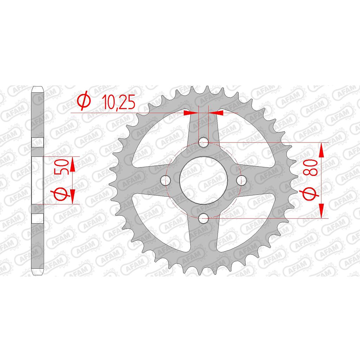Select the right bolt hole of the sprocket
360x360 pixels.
[241, 181]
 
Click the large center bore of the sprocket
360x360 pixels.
[203, 181]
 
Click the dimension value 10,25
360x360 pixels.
[118, 102]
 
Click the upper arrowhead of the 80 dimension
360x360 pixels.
[322, 150]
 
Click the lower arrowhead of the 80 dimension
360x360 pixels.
[322, 210]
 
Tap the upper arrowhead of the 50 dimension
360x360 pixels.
[73, 164]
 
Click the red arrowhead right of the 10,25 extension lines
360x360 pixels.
[216, 113]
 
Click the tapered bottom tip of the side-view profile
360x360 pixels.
[38, 273]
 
